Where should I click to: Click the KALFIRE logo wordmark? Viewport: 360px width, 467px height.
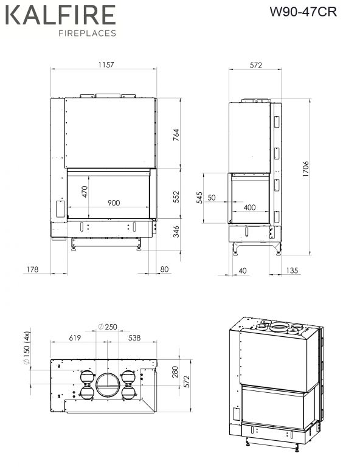60,15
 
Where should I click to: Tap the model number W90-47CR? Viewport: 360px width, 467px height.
303,12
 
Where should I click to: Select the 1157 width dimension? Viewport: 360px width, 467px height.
106,64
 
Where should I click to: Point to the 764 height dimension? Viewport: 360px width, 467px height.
176,134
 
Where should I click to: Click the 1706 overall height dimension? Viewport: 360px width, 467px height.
305,169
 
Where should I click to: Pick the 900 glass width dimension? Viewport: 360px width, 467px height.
114,203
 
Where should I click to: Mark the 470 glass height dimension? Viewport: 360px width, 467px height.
85,192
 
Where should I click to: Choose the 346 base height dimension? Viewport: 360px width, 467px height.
176,232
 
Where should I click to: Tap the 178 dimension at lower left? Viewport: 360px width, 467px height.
32,269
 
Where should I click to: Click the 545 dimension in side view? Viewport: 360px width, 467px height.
199,198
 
